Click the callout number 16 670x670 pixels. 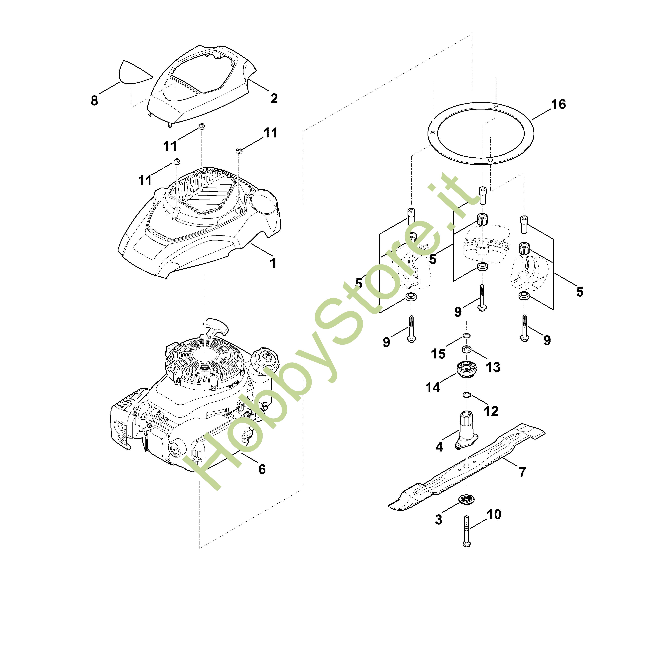click(558, 104)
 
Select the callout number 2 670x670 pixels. click(274, 99)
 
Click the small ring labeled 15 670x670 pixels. click(467, 336)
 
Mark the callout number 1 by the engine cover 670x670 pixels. click(273, 263)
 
